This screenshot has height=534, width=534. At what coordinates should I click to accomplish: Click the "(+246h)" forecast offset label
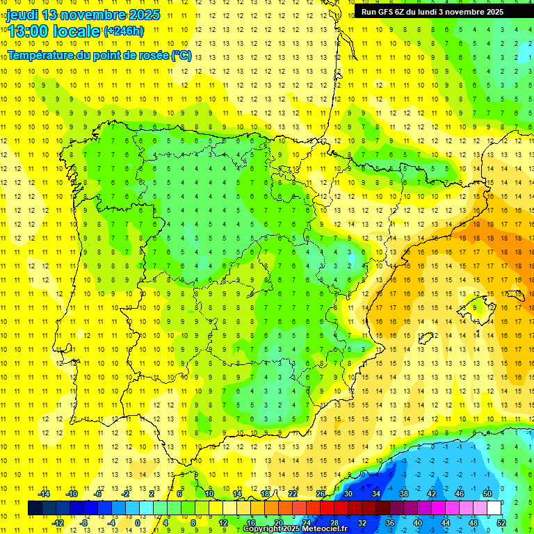(124, 31)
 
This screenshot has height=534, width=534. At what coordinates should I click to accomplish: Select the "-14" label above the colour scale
(43, 494)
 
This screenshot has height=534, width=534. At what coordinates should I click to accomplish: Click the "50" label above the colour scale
(487, 494)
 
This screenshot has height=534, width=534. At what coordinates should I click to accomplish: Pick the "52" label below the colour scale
(501, 522)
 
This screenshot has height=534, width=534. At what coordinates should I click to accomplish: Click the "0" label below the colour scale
(138, 522)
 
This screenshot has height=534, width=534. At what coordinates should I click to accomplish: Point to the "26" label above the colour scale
(321, 494)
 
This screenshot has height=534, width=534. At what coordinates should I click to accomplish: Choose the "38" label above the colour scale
(403, 494)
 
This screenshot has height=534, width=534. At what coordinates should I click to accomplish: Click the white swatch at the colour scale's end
(494, 508)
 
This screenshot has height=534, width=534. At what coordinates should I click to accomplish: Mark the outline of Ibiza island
(426, 340)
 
